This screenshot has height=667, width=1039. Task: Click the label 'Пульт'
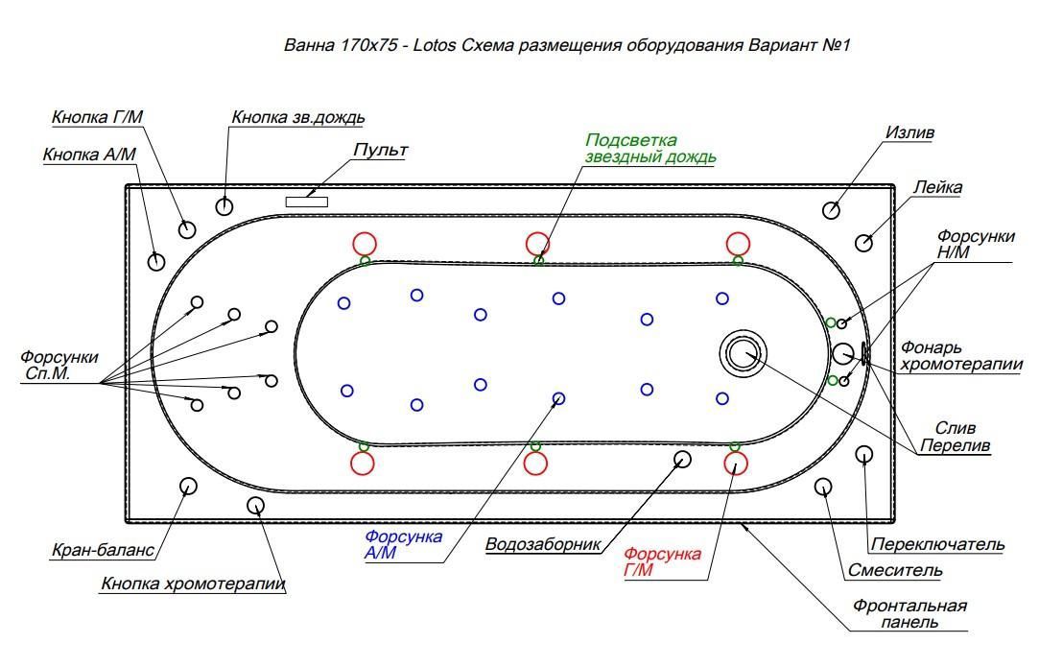pyautogui.click(x=380, y=151)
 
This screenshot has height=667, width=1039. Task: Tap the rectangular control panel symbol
pyautogui.click(x=306, y=201)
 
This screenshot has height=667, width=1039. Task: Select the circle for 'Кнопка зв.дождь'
pyautogui.click(x=224, y=205)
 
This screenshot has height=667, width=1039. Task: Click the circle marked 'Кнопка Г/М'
pyautogui.click(x=187, y=228)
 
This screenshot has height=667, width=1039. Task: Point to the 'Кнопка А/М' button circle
pyautogui.click(x=156, y=260)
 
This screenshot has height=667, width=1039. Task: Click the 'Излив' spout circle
pyautogui.click(x=832, y=210)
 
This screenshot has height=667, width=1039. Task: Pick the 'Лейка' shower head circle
pyautogui.click(x=863, y=242)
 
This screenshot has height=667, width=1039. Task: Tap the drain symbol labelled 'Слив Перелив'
pyautogui.click(x=743, y=353)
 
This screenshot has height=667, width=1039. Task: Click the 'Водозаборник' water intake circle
pyautogui.click(x=682, y=460)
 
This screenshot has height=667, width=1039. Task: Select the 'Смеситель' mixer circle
pyautogui.click(x=823, y=487)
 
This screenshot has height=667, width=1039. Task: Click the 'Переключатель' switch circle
pyautogui.click(x=863, y=454)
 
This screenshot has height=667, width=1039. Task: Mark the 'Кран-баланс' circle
pyautogui.click(x=188, y=486)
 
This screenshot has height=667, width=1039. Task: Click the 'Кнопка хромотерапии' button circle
pyautogui.click(x=255, y=505)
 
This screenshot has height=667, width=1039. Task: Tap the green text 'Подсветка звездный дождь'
pyautogui.click(x=650, y=149)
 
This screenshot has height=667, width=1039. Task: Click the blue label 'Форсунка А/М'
pyautogui.click(x=403, y=544)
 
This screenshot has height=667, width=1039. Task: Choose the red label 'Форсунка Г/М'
pyautogui.click(x=662, y=562)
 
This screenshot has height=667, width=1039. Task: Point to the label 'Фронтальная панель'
pyautogui.click(x=909, y=614)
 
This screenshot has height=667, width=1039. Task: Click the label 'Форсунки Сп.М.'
pyautogui.click(x=59, y=366)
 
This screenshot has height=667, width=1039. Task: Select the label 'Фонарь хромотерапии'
pyautogui.click(x=960, y=356)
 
